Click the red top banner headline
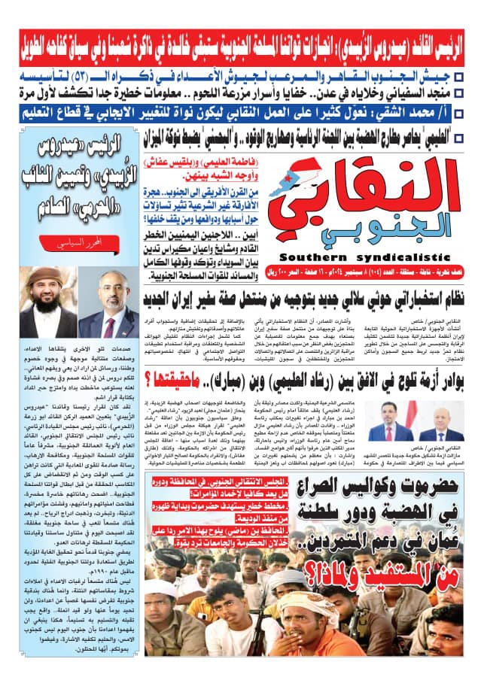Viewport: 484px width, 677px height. click(x=242, y=36)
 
